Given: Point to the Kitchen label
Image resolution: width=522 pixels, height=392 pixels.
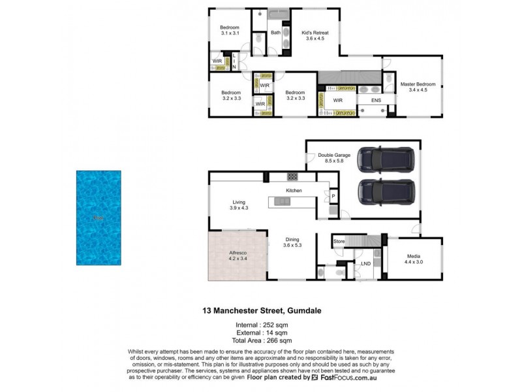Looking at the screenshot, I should pos(294,190).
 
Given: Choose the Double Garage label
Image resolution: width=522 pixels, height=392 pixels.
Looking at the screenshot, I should pos(334,157).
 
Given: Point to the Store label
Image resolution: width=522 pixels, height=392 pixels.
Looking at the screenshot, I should pos(339,241).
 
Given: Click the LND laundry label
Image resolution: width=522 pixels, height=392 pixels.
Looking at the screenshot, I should pos(365,264).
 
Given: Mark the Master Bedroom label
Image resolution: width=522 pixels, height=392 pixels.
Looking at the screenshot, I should pos(417,86).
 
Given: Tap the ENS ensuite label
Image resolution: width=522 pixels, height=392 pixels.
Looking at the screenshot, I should pos(376,101).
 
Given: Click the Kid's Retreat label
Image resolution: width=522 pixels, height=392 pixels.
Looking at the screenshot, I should pos(315,35).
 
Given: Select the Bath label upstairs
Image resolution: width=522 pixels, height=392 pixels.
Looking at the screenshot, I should pos(275,32).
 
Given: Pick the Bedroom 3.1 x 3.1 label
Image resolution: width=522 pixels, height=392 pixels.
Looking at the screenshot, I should pos(230,30).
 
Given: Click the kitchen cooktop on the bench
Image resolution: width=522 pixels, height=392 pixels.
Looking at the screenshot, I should pos(292,176).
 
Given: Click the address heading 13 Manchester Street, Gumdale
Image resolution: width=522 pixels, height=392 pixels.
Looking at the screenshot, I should pos(260,313).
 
